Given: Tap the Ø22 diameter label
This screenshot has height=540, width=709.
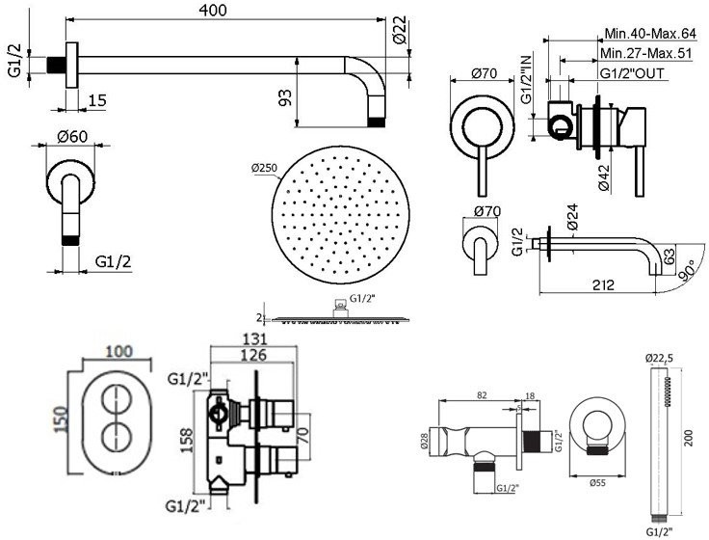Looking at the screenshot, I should coord(400,36).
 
